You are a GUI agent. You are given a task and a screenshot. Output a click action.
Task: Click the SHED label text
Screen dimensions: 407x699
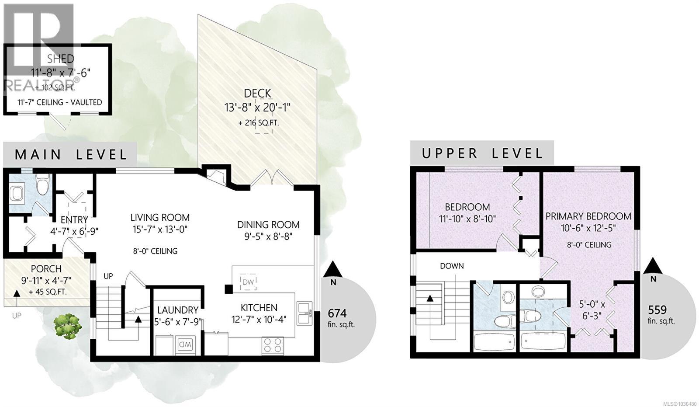[x=61, y=59]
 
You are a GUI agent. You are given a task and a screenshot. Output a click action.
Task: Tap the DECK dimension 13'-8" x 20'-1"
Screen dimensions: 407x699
[x=258, y=107]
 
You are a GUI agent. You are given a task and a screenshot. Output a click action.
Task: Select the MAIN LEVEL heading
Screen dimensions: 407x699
[x=71, y=154]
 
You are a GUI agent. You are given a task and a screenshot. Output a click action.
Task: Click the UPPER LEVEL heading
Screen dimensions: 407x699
[x=482, y=153]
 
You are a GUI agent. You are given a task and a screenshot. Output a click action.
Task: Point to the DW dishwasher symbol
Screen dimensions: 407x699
[x=248, y=282]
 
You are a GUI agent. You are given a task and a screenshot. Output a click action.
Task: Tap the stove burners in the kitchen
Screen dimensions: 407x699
[x=272, y=345]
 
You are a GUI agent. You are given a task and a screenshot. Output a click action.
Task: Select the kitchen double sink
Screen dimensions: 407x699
[x=304, y=313]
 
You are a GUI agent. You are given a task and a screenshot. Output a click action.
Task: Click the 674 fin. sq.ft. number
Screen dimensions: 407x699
[x=337, y=313]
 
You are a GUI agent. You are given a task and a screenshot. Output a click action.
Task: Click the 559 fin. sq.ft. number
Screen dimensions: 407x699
[x=657, y=310]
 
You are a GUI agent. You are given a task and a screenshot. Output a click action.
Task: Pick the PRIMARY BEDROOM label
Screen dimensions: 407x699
[x=588, y=216]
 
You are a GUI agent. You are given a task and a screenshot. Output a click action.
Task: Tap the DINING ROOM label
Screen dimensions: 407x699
[x=268, y=225]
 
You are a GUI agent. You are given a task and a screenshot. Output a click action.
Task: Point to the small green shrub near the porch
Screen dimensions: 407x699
[x=67, y=326]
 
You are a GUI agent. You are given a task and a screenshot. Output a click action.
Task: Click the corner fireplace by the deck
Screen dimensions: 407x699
[x=216, y=176]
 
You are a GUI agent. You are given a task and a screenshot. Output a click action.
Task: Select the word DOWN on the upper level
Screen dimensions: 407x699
[x=452, y=266]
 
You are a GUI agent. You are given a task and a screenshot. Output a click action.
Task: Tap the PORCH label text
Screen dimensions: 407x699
[x=46, y=269]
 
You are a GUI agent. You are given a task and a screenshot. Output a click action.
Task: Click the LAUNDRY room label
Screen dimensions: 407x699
[x=177, y=310]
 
